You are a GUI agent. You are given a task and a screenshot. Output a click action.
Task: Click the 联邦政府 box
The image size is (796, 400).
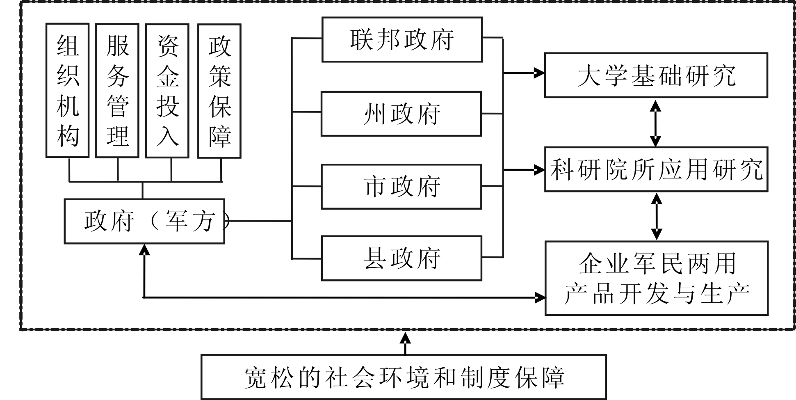(x=402, y=40)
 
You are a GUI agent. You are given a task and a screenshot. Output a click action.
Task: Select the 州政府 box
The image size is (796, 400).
(x=401, y=114)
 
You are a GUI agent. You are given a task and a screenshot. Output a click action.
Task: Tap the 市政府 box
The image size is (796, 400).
(x=401, y=187)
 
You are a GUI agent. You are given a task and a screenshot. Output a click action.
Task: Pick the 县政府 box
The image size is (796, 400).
(x=401, y=258)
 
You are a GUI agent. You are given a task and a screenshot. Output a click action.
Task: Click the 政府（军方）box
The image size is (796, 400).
(x=144, y=222)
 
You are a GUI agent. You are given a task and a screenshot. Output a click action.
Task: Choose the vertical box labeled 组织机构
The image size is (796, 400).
(x=68, y=90)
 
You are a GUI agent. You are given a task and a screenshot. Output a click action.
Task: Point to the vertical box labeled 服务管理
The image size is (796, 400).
(x=117, y=90)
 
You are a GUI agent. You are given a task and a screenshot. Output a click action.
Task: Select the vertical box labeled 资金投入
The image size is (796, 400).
(x=167, y=90)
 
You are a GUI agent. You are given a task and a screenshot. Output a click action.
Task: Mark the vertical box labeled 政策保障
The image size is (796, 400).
(x=219, y=91)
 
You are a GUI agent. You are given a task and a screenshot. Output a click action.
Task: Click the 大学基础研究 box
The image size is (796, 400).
(x=656, y=75)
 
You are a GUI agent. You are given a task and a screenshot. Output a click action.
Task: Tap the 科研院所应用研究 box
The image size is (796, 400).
(x=656, y=169)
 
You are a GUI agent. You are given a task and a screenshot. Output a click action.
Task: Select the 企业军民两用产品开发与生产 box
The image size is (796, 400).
(x=656, y=278)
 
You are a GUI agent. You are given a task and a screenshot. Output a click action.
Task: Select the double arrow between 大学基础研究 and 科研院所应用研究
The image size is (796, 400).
(x=655, y=123)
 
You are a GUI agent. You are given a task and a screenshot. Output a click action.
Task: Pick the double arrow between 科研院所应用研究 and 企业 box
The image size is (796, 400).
(x=657, y=217)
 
